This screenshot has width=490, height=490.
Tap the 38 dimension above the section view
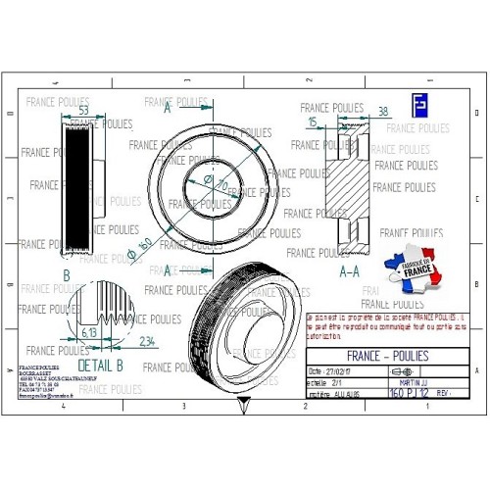(x=383, y=111)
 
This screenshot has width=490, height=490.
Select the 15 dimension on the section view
(x=313, y=122)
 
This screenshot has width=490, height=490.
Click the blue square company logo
(x=418, y=105)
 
